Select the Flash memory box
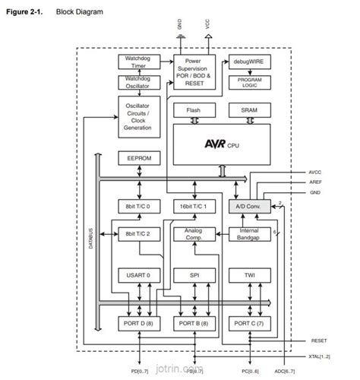pyautogui.click(x=192, y=110)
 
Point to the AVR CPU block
pyautogui.click(x=220, y=142)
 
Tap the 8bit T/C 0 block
pyautogui.click(x=137, y=206)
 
